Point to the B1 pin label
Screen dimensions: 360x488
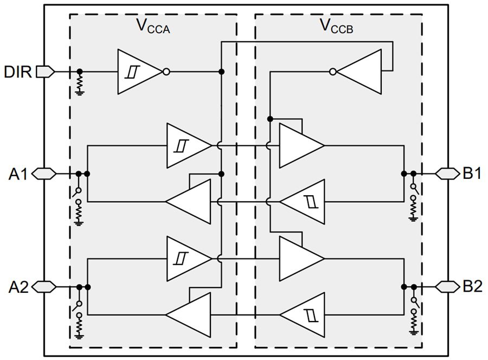click(472, 174)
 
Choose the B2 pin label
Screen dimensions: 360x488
click(472, 286)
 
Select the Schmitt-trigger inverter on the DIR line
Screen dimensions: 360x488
click(138, 72)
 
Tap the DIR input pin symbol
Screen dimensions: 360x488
click(46, 72)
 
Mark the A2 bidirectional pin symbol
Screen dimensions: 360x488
click(45, 286)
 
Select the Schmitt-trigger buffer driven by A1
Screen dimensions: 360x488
click(187, 145)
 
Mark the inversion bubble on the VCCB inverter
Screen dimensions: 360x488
click(333, 72)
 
